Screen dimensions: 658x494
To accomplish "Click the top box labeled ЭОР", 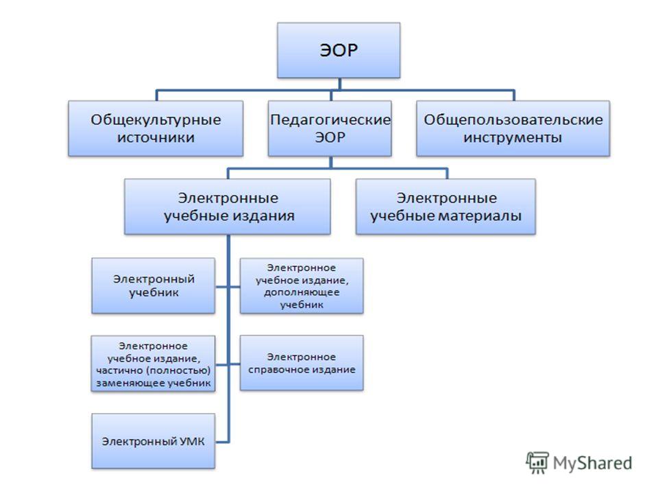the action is pos(339,50).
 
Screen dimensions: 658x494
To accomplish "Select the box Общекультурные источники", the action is pos(156,128).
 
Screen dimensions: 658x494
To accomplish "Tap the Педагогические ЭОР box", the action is pos(330,128).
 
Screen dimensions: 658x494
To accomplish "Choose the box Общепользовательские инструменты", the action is pos(513,128).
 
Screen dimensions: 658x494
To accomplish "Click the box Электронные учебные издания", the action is pos(228,207).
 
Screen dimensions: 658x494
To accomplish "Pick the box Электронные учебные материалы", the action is pos(446,207).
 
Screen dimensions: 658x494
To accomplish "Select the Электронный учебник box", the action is pos(153,285).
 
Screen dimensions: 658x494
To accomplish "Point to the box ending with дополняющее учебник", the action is pos(302,285).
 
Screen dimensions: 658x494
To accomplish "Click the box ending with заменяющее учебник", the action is pos(153,364).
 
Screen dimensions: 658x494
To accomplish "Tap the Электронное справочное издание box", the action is pos(302,363).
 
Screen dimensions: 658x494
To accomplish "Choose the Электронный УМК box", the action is pos(153,441).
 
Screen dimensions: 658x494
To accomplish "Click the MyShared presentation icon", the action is pos(537,463).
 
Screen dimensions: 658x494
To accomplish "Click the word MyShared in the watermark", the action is pos(592,463).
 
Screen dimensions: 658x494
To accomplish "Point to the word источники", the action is pos(156,138).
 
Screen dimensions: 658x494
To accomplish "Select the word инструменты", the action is pos(513,138).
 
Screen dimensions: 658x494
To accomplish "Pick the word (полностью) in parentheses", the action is pos(178,370).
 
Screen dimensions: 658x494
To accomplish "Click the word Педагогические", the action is pos(330,119).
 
